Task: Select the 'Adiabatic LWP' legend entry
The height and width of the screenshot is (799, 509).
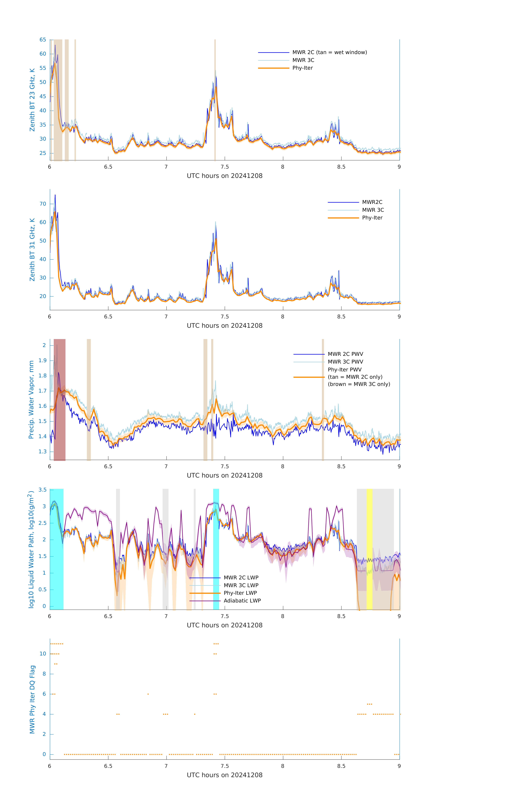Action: (x=242, y=601)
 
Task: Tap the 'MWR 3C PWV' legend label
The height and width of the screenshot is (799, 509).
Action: (x=345, y=362)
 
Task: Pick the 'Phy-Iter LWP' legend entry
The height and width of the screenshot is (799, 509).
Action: (x=240, y=593)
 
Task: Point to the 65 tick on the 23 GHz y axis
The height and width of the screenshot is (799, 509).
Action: (x=43, y=40)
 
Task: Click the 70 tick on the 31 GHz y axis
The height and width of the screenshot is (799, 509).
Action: (x=43, y=204)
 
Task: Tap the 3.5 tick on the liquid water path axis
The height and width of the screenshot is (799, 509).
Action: (x=42, y=490)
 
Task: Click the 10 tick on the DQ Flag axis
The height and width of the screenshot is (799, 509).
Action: (x=43, y=654)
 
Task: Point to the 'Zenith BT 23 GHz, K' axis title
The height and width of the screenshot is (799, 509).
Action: (x=32, y=100)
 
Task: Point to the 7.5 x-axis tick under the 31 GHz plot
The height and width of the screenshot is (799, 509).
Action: (x=224, y=317)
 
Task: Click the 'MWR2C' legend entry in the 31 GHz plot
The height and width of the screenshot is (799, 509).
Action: (x=372, y=202)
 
